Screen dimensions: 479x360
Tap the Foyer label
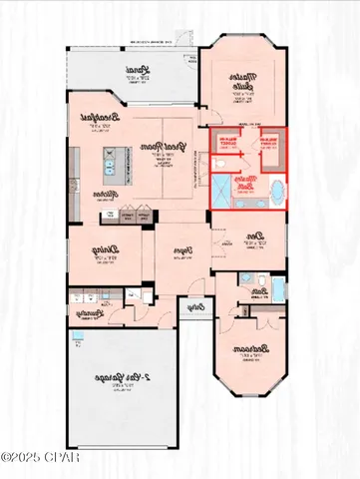coord(181,251)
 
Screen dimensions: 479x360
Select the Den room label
coord(254,236)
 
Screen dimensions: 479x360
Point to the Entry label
coord(196,307)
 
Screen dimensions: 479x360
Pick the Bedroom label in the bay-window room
coord(246,351)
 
